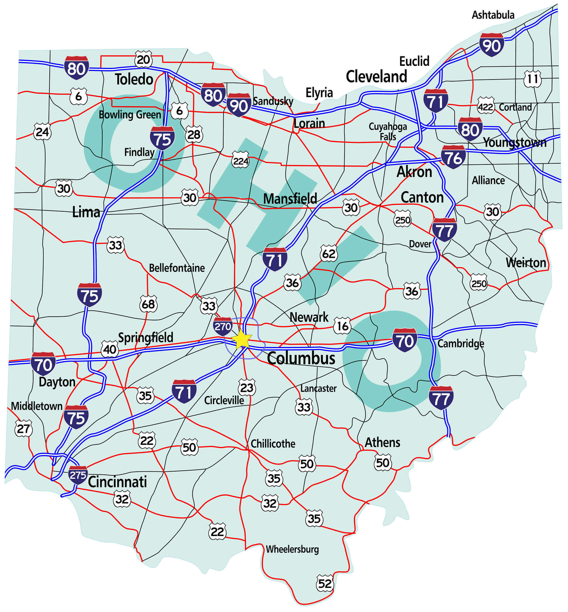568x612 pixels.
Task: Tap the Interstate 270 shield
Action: coord(223,326)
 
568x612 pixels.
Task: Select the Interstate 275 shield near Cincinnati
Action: coord(78,475)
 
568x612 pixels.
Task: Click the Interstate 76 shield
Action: coord(453,157)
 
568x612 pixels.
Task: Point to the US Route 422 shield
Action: coord(486,107)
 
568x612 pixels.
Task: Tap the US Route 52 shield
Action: coord(325,583)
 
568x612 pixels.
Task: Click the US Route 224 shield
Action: coord(240,161)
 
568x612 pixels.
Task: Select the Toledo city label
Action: coord(134,79)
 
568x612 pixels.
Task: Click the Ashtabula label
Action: coord(493,15)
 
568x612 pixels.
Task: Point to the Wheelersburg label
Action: coord(292,549)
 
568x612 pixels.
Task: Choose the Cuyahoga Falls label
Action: coord(388,131)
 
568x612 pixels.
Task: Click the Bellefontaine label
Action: coord(177,268)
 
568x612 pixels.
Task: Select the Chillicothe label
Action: coord(273,444)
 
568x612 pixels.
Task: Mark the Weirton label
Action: coord(526,262)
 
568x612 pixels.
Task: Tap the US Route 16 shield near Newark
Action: coord(343,326)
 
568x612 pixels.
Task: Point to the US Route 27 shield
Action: coord(23,429)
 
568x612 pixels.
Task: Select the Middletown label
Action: coord(37,406)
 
